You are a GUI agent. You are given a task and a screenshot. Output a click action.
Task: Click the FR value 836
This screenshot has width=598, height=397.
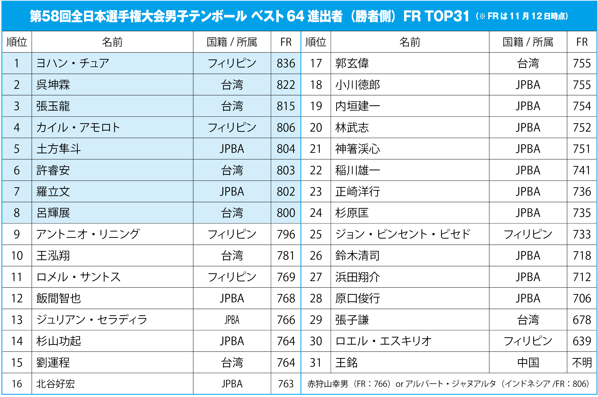(x=286, y=63)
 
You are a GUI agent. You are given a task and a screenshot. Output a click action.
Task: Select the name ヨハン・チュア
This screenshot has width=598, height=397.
(x=72, y=63)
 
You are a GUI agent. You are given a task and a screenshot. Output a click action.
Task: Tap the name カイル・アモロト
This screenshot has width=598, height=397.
(x=78, y=127)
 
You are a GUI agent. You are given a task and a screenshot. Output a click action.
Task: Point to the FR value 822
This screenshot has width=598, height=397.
(x=286, y=85)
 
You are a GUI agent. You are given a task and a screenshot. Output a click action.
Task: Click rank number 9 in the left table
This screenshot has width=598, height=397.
(x=17, y=234)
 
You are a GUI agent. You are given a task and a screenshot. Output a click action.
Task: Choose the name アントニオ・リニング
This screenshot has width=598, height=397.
(x=88, y=234)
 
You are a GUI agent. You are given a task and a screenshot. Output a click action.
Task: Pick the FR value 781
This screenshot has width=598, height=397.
(x=286, y=256)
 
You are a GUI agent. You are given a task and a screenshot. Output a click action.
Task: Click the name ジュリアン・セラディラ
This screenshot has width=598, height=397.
(x=92, y=320)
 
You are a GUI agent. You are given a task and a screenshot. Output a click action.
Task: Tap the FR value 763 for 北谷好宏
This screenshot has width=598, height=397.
(x=286, y=384)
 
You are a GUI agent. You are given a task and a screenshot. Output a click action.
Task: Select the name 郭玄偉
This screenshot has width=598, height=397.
(x=352, y=63)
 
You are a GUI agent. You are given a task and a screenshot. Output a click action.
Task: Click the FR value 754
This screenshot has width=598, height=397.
(x=582, y=106)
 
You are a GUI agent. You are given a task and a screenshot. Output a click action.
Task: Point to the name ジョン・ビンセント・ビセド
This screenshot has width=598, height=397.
(x=403, y=234)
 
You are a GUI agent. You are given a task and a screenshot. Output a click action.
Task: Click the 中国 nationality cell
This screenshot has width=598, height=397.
(x=528, y=363)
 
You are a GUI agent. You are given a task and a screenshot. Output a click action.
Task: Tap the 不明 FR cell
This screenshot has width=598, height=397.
(x=582, y=363)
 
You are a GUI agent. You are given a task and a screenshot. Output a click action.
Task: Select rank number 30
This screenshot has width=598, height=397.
(x=316, y=341)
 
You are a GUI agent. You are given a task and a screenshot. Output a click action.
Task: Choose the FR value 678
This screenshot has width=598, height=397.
(x=582, y=320)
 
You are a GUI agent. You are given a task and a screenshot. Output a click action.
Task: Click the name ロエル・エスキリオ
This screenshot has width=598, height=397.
(x=383, y=341)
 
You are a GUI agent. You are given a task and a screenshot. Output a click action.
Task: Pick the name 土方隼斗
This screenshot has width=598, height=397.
(x=58, y=149)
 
